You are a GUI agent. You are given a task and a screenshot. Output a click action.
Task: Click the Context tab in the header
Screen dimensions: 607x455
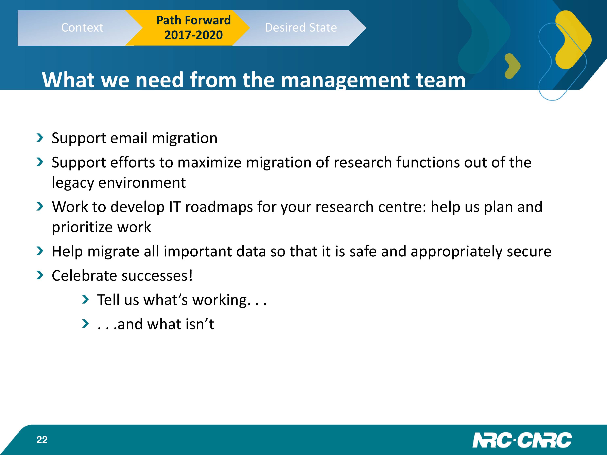pos(82,28)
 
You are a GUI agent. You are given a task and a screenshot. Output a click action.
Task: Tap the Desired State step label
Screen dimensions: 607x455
pos(301,28)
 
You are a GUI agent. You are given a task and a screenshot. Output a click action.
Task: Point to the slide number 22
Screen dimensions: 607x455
pos(42,440)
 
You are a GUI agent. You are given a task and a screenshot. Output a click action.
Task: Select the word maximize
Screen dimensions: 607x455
pos(210,162)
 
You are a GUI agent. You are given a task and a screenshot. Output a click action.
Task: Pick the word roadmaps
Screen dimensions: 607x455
pos(219,207)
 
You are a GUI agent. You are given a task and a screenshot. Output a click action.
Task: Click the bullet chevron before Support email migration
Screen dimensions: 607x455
pos(40,138)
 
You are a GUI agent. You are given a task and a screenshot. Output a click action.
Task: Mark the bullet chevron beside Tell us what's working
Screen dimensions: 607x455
pos(86,299)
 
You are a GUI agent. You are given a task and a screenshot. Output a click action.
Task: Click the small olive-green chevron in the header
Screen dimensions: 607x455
pos(512,66)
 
